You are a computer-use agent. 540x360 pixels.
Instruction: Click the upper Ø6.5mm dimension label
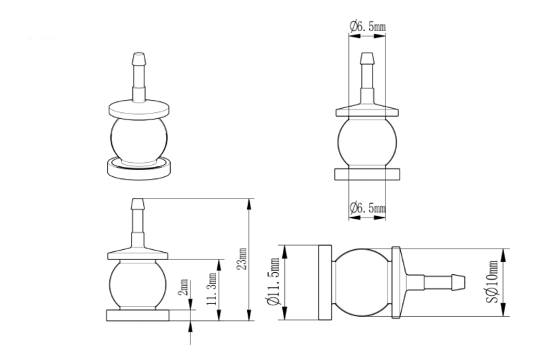367,26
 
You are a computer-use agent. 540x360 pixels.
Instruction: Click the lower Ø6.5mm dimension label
367,208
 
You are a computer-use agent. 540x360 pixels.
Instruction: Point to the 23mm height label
243,259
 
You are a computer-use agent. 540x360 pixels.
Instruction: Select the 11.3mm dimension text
212,288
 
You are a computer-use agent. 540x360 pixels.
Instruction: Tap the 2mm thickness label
184,287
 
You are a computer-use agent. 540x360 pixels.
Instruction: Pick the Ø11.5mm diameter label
274,282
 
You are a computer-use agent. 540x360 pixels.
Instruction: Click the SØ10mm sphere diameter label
493,282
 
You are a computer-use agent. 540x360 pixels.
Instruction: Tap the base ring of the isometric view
139,168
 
